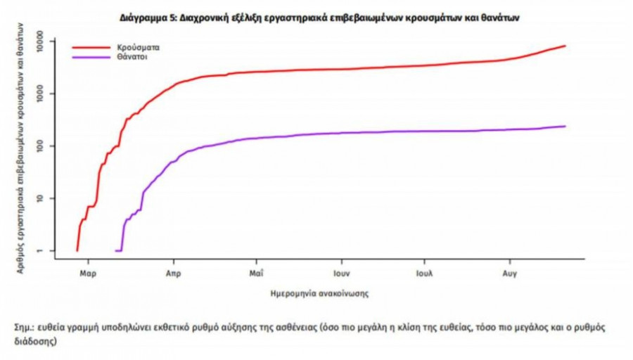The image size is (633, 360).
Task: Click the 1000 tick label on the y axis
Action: click(x=45, y=94)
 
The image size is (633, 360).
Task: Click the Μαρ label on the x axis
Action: click(x=88, y=270)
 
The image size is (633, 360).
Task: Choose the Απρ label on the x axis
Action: click(x=172, y=270)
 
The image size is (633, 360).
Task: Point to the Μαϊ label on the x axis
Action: click(x=256, y=270)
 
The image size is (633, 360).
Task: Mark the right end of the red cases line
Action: click(x=565, y=46)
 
